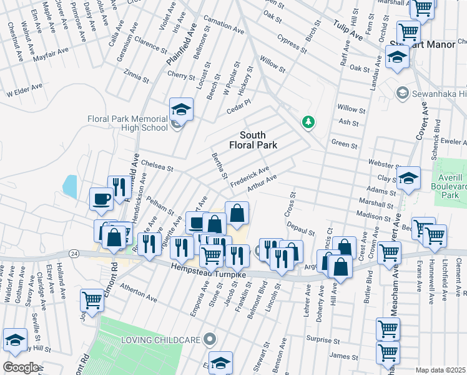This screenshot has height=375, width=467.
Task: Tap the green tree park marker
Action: coord(307,121)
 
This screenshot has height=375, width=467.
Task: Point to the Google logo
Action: coord(20,367)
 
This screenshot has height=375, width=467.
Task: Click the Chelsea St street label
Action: coord(157,166)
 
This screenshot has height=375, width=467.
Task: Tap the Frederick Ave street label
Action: coord(250,174)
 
